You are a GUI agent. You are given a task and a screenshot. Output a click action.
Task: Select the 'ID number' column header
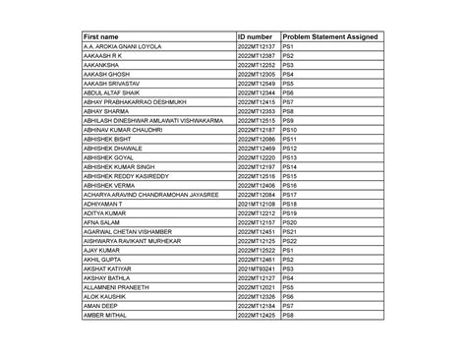point(255,36)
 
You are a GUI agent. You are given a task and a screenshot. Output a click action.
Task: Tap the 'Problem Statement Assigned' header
point(329,36)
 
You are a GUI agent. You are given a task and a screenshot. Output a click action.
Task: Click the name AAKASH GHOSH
point(107,74)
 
